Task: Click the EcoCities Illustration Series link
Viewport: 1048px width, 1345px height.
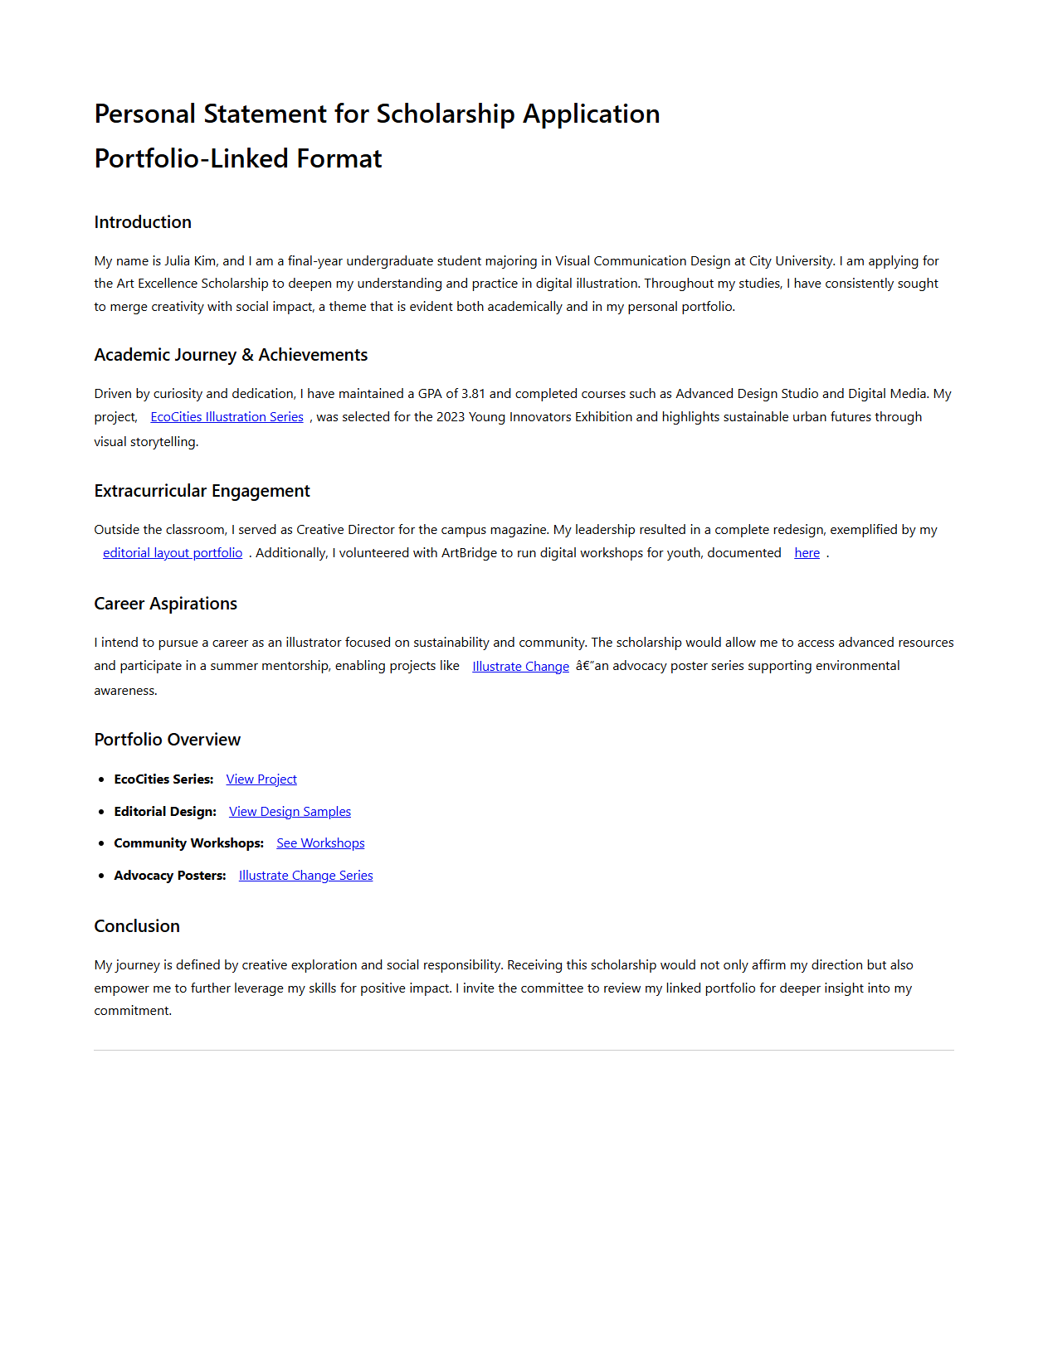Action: tap(227, 417)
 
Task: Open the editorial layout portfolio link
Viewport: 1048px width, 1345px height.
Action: tap(173, 553)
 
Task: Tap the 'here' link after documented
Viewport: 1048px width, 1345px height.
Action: tap(807, 553)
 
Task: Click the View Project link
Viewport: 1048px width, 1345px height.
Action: tap(261, 779)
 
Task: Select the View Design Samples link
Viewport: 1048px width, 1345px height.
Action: tap(290, 812)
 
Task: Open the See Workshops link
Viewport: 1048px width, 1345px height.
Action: tap(320, 843)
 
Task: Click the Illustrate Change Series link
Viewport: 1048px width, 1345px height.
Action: tap(305, 876)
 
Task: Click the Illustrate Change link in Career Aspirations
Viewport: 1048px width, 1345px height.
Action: tap(520, 667)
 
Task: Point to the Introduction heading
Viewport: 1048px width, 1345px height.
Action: tap(143, 222)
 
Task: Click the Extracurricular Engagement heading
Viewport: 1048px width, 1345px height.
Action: tap(202, 491)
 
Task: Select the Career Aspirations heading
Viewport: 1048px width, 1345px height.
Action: tap(165, 604)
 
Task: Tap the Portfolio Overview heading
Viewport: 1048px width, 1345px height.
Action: tap(167, 740)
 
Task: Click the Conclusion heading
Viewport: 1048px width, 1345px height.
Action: tap(137, 926)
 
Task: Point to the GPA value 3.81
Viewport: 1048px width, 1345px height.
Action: tap(473, 394)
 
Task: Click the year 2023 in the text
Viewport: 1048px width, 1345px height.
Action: tap(451, 417)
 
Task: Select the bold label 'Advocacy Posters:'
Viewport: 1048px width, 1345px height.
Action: tap(170, 876)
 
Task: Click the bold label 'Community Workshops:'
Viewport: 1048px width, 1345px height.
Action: tap(188, 843)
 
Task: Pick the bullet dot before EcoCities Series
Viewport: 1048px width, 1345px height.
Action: tap(101, 779)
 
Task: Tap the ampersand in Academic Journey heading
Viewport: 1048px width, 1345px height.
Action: tap(247, 355)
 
